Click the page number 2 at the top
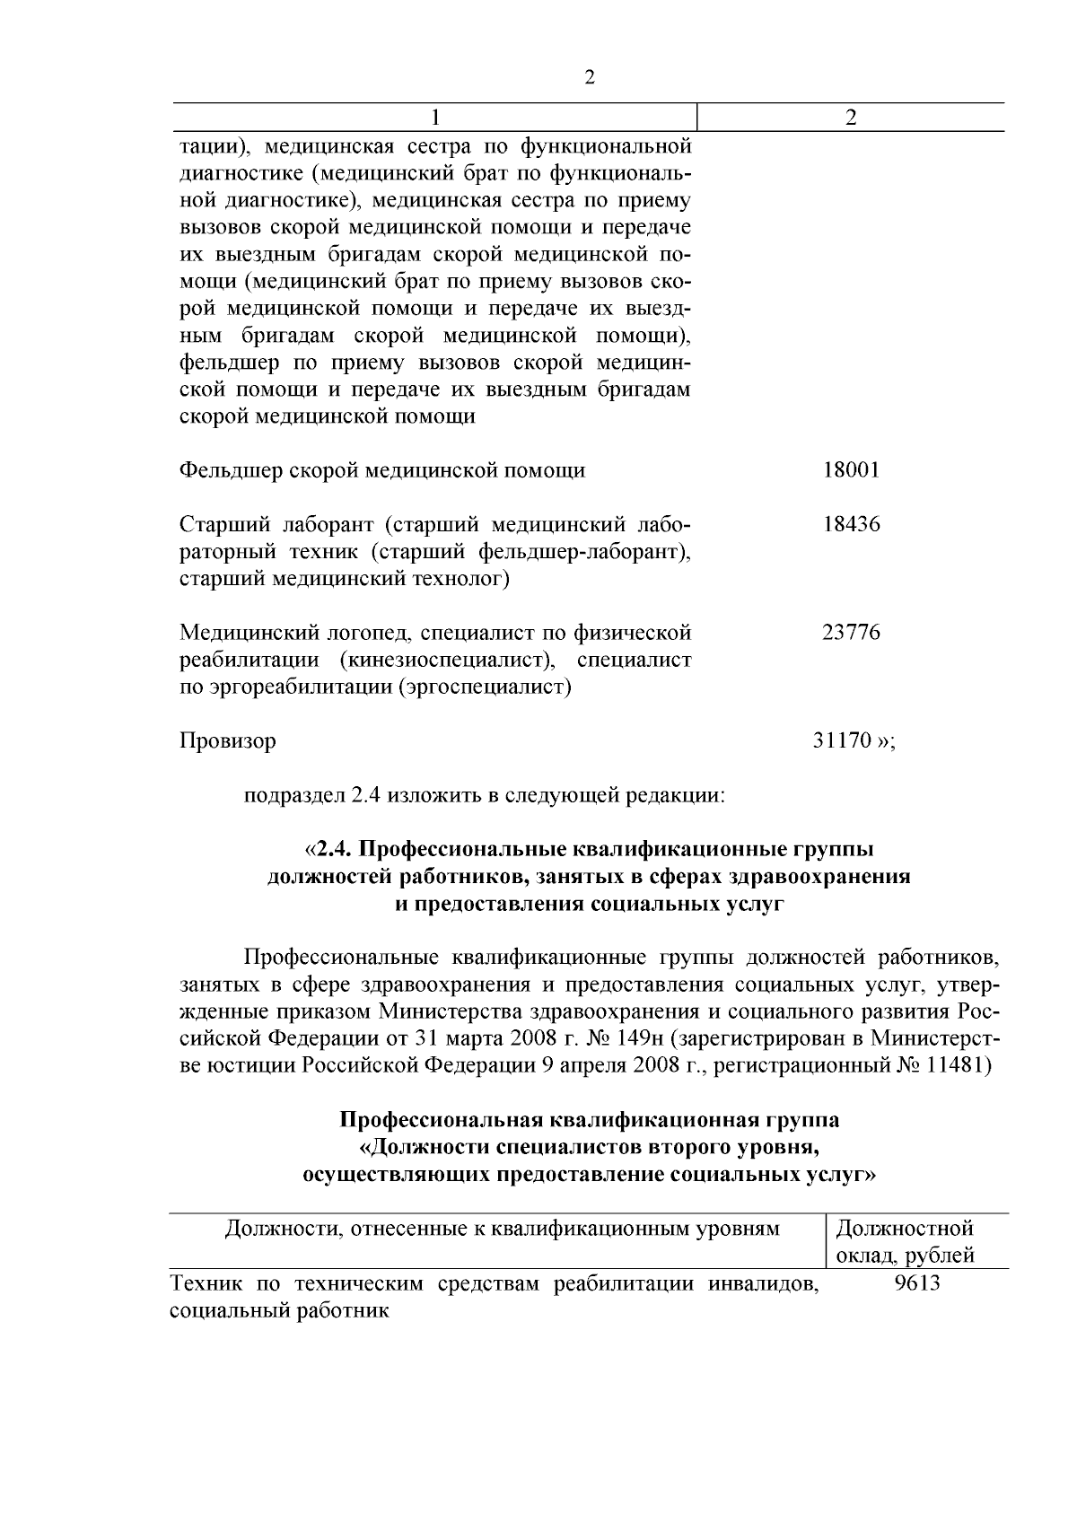[x=590, y=78]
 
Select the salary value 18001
[x=851, y=470]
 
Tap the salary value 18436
[x=851, y=524]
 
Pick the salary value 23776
[x=851, y=633]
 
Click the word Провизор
[x=228, y=741]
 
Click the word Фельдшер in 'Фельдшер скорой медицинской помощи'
[x=230, y=470]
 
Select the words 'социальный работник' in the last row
[x=279, y=1310]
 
